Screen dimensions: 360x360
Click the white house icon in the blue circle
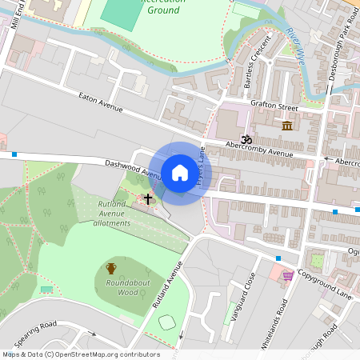tap(180, 172)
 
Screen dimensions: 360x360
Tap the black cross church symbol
tap(147, 198)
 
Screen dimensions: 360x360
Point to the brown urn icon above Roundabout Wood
tap(111, 269)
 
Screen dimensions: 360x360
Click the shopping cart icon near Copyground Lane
tap(287, 275)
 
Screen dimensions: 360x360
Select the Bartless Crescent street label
tap(252, 65)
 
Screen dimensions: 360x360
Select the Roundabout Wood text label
tap(117, 288)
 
